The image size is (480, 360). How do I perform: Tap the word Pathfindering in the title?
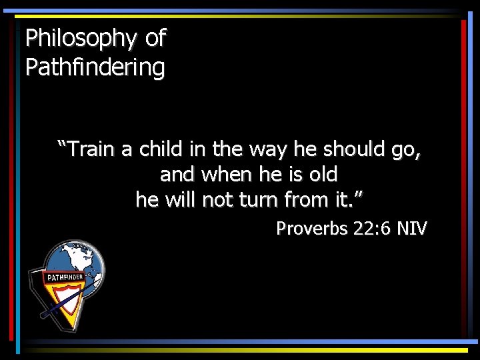[x=95, y=67]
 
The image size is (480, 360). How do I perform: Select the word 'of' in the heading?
[x=155, y=38]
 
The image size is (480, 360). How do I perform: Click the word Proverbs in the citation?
[x=312, y=229]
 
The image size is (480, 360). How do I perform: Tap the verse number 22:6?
[x=373, y=229]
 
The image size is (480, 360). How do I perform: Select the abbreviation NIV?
[x=412, y=229]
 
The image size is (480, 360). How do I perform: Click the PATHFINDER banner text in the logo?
[x=64, y=277]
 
